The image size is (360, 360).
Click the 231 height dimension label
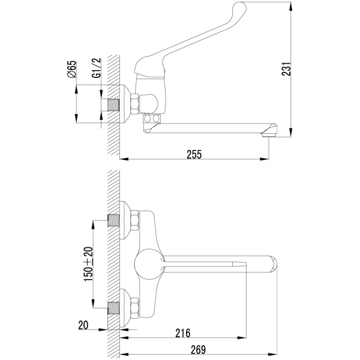coord(286,69)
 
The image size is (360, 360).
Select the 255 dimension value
coord(194,154)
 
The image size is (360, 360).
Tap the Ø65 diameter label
coord(72,70)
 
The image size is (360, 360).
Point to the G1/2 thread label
coord(97,68)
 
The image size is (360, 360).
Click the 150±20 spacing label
coord(88,264)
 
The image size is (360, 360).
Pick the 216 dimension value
coord(183,333)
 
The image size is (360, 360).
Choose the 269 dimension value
coord(199,350)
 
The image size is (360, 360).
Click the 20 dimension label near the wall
coord(83,325)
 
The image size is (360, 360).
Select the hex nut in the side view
coord(135,104)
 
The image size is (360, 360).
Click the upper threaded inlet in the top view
coord(113,220)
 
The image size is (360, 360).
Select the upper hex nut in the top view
coord(135,220)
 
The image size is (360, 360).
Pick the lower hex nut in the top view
coord(135,308)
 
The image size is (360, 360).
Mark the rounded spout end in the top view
coord(273,264)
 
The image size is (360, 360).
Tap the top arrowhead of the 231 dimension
coord(291,7)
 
